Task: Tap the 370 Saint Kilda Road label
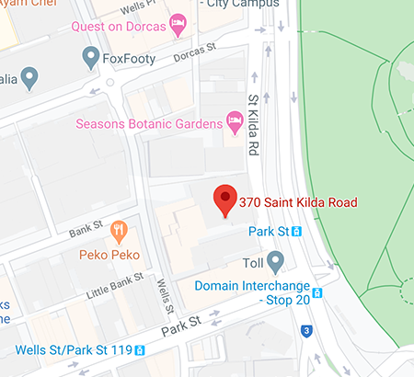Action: point(297,202)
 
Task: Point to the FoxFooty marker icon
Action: point(90,60)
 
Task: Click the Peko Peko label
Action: point(115,249)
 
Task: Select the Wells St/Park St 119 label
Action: point(74,350)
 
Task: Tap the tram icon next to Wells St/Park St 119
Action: point(140,350)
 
